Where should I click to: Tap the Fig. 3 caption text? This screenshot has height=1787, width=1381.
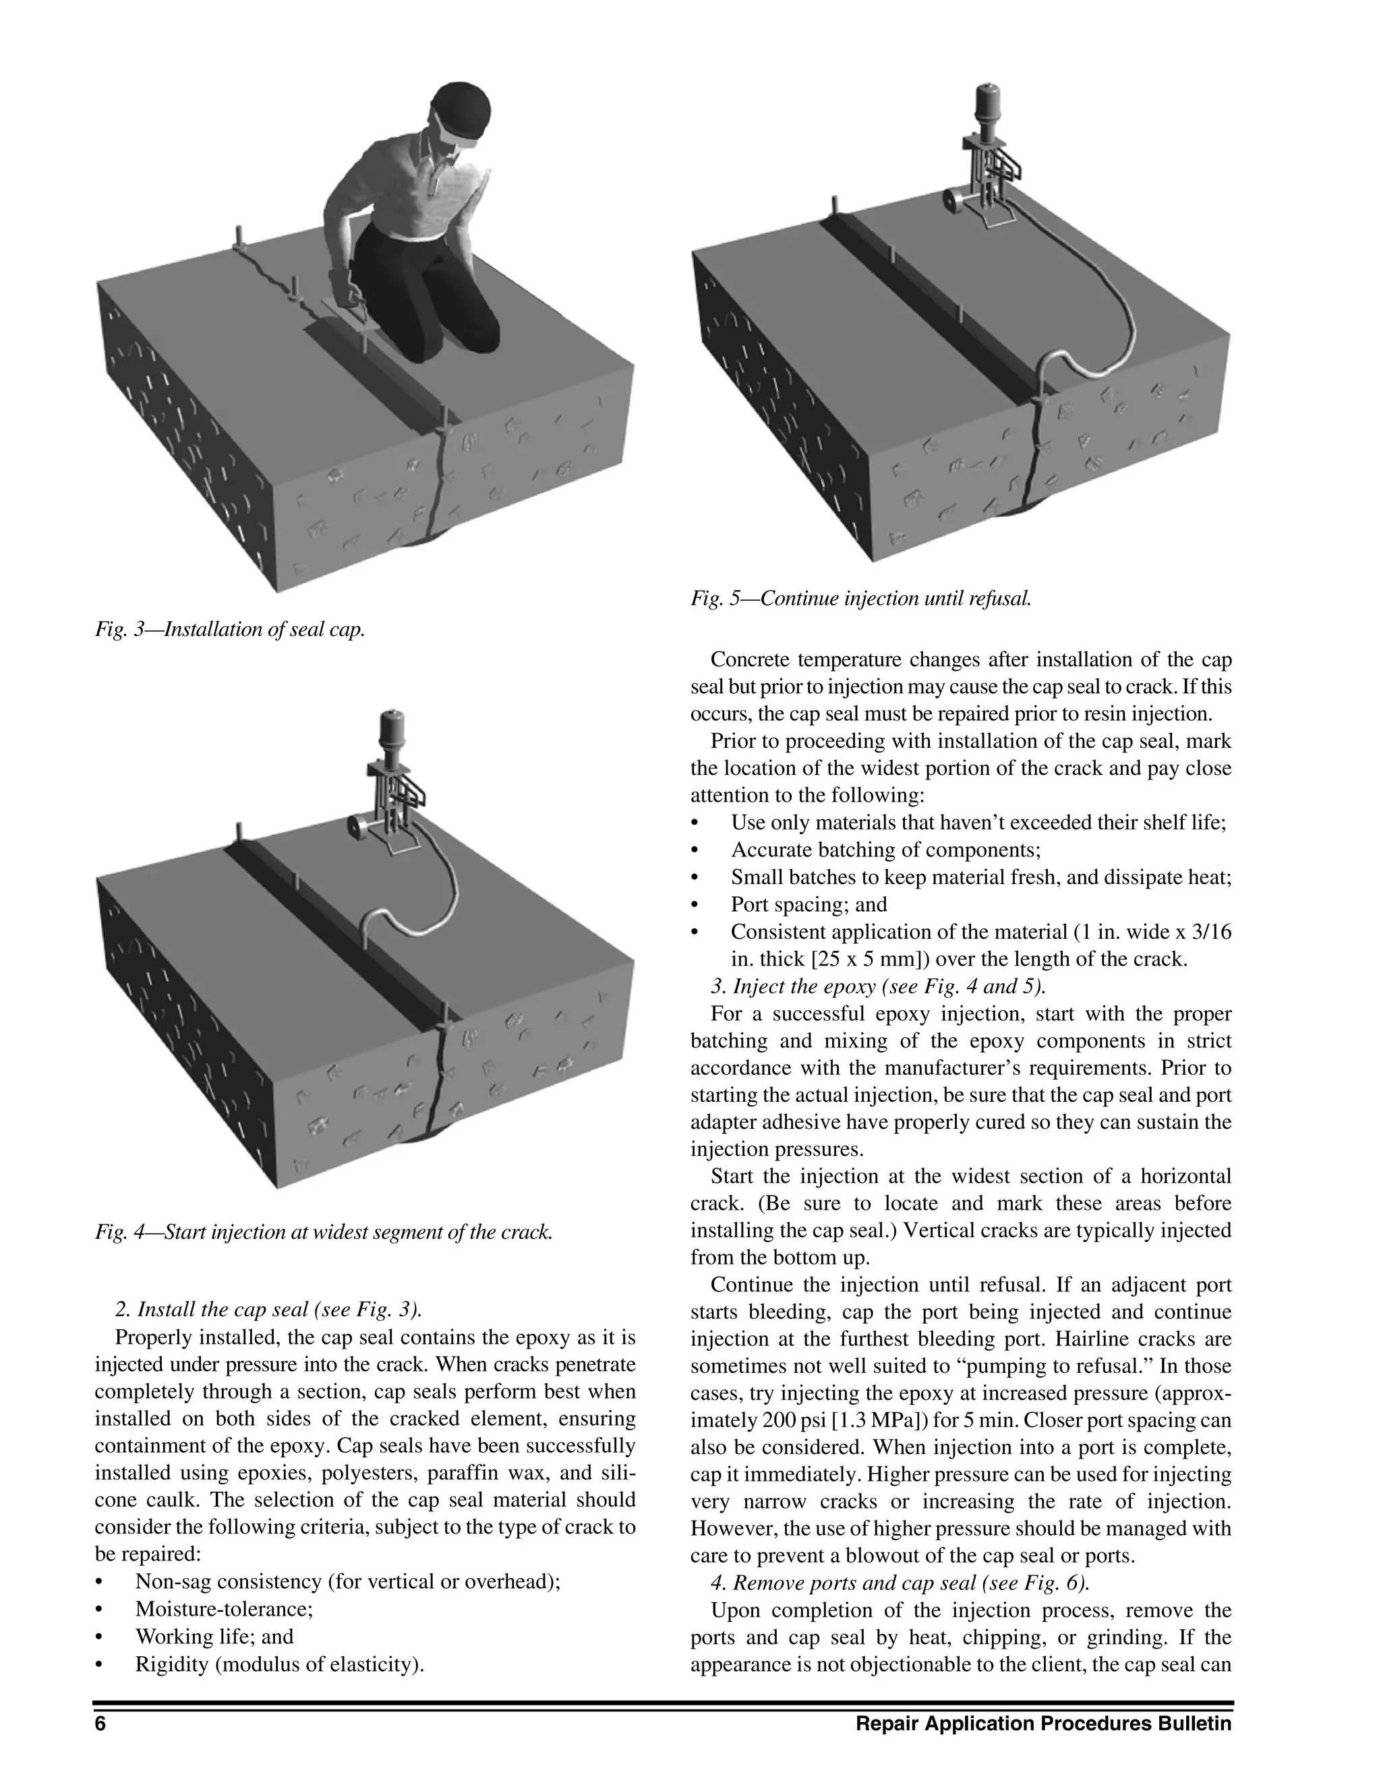click(x=230, y=629)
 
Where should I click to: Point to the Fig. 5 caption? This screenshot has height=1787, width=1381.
click(x=860, y=598)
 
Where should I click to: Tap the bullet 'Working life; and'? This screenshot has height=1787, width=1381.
click(x=214, y=1636)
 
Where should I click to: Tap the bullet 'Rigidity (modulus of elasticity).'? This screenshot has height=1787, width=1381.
click(x=280, y=1664)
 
